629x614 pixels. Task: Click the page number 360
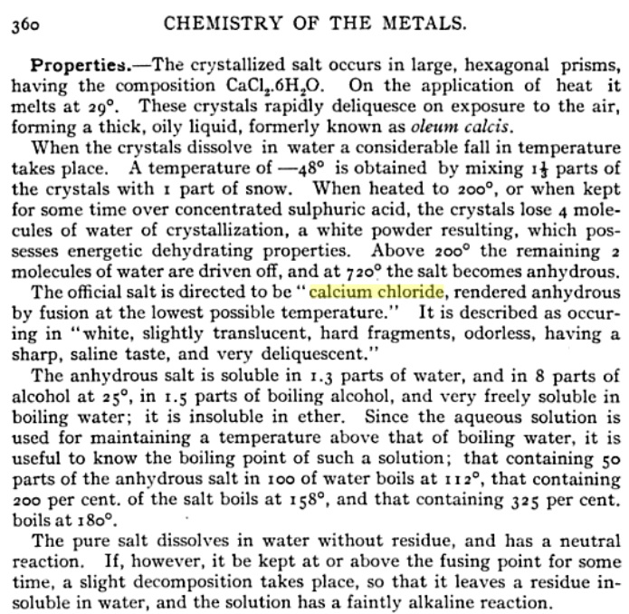click(24, 24)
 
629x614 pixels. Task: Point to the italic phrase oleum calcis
click(406, 128)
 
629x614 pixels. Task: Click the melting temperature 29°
click(107, 108)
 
